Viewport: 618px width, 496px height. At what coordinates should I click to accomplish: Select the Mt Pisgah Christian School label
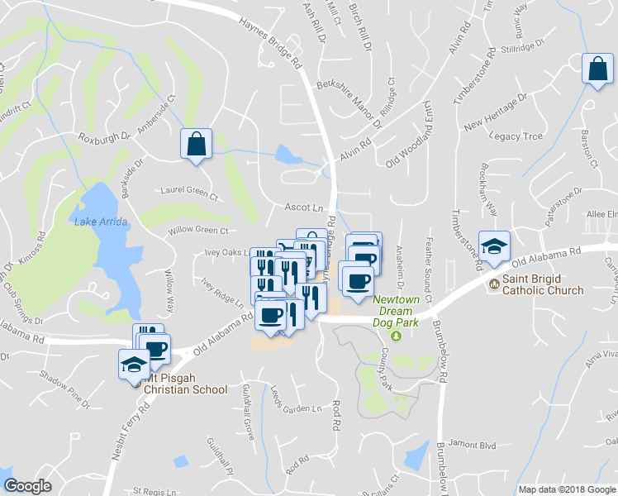tap(184, 389)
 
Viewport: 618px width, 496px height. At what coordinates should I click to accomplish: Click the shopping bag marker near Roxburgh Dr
tap(197, 145)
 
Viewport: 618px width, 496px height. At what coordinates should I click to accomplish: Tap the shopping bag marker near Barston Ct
tap(597, 70)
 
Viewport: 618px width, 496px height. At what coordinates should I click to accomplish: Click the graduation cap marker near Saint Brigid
tap(495, 247)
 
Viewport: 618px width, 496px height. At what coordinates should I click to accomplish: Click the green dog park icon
tap(396, 335)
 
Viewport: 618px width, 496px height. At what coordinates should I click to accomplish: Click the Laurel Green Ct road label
tap(189, 198)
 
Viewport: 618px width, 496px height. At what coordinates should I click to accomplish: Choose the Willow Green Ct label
tap(197, 231)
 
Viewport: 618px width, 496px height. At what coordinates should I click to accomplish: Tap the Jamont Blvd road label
tap(474, 445)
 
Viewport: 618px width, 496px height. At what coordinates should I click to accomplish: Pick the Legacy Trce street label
tap(516, 136)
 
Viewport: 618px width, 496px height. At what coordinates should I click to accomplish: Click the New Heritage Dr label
tap(495, 113)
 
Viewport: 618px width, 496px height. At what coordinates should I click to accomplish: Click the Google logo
tap(28, 487)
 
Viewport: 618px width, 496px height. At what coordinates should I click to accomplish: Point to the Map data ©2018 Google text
tap(566, 489)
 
